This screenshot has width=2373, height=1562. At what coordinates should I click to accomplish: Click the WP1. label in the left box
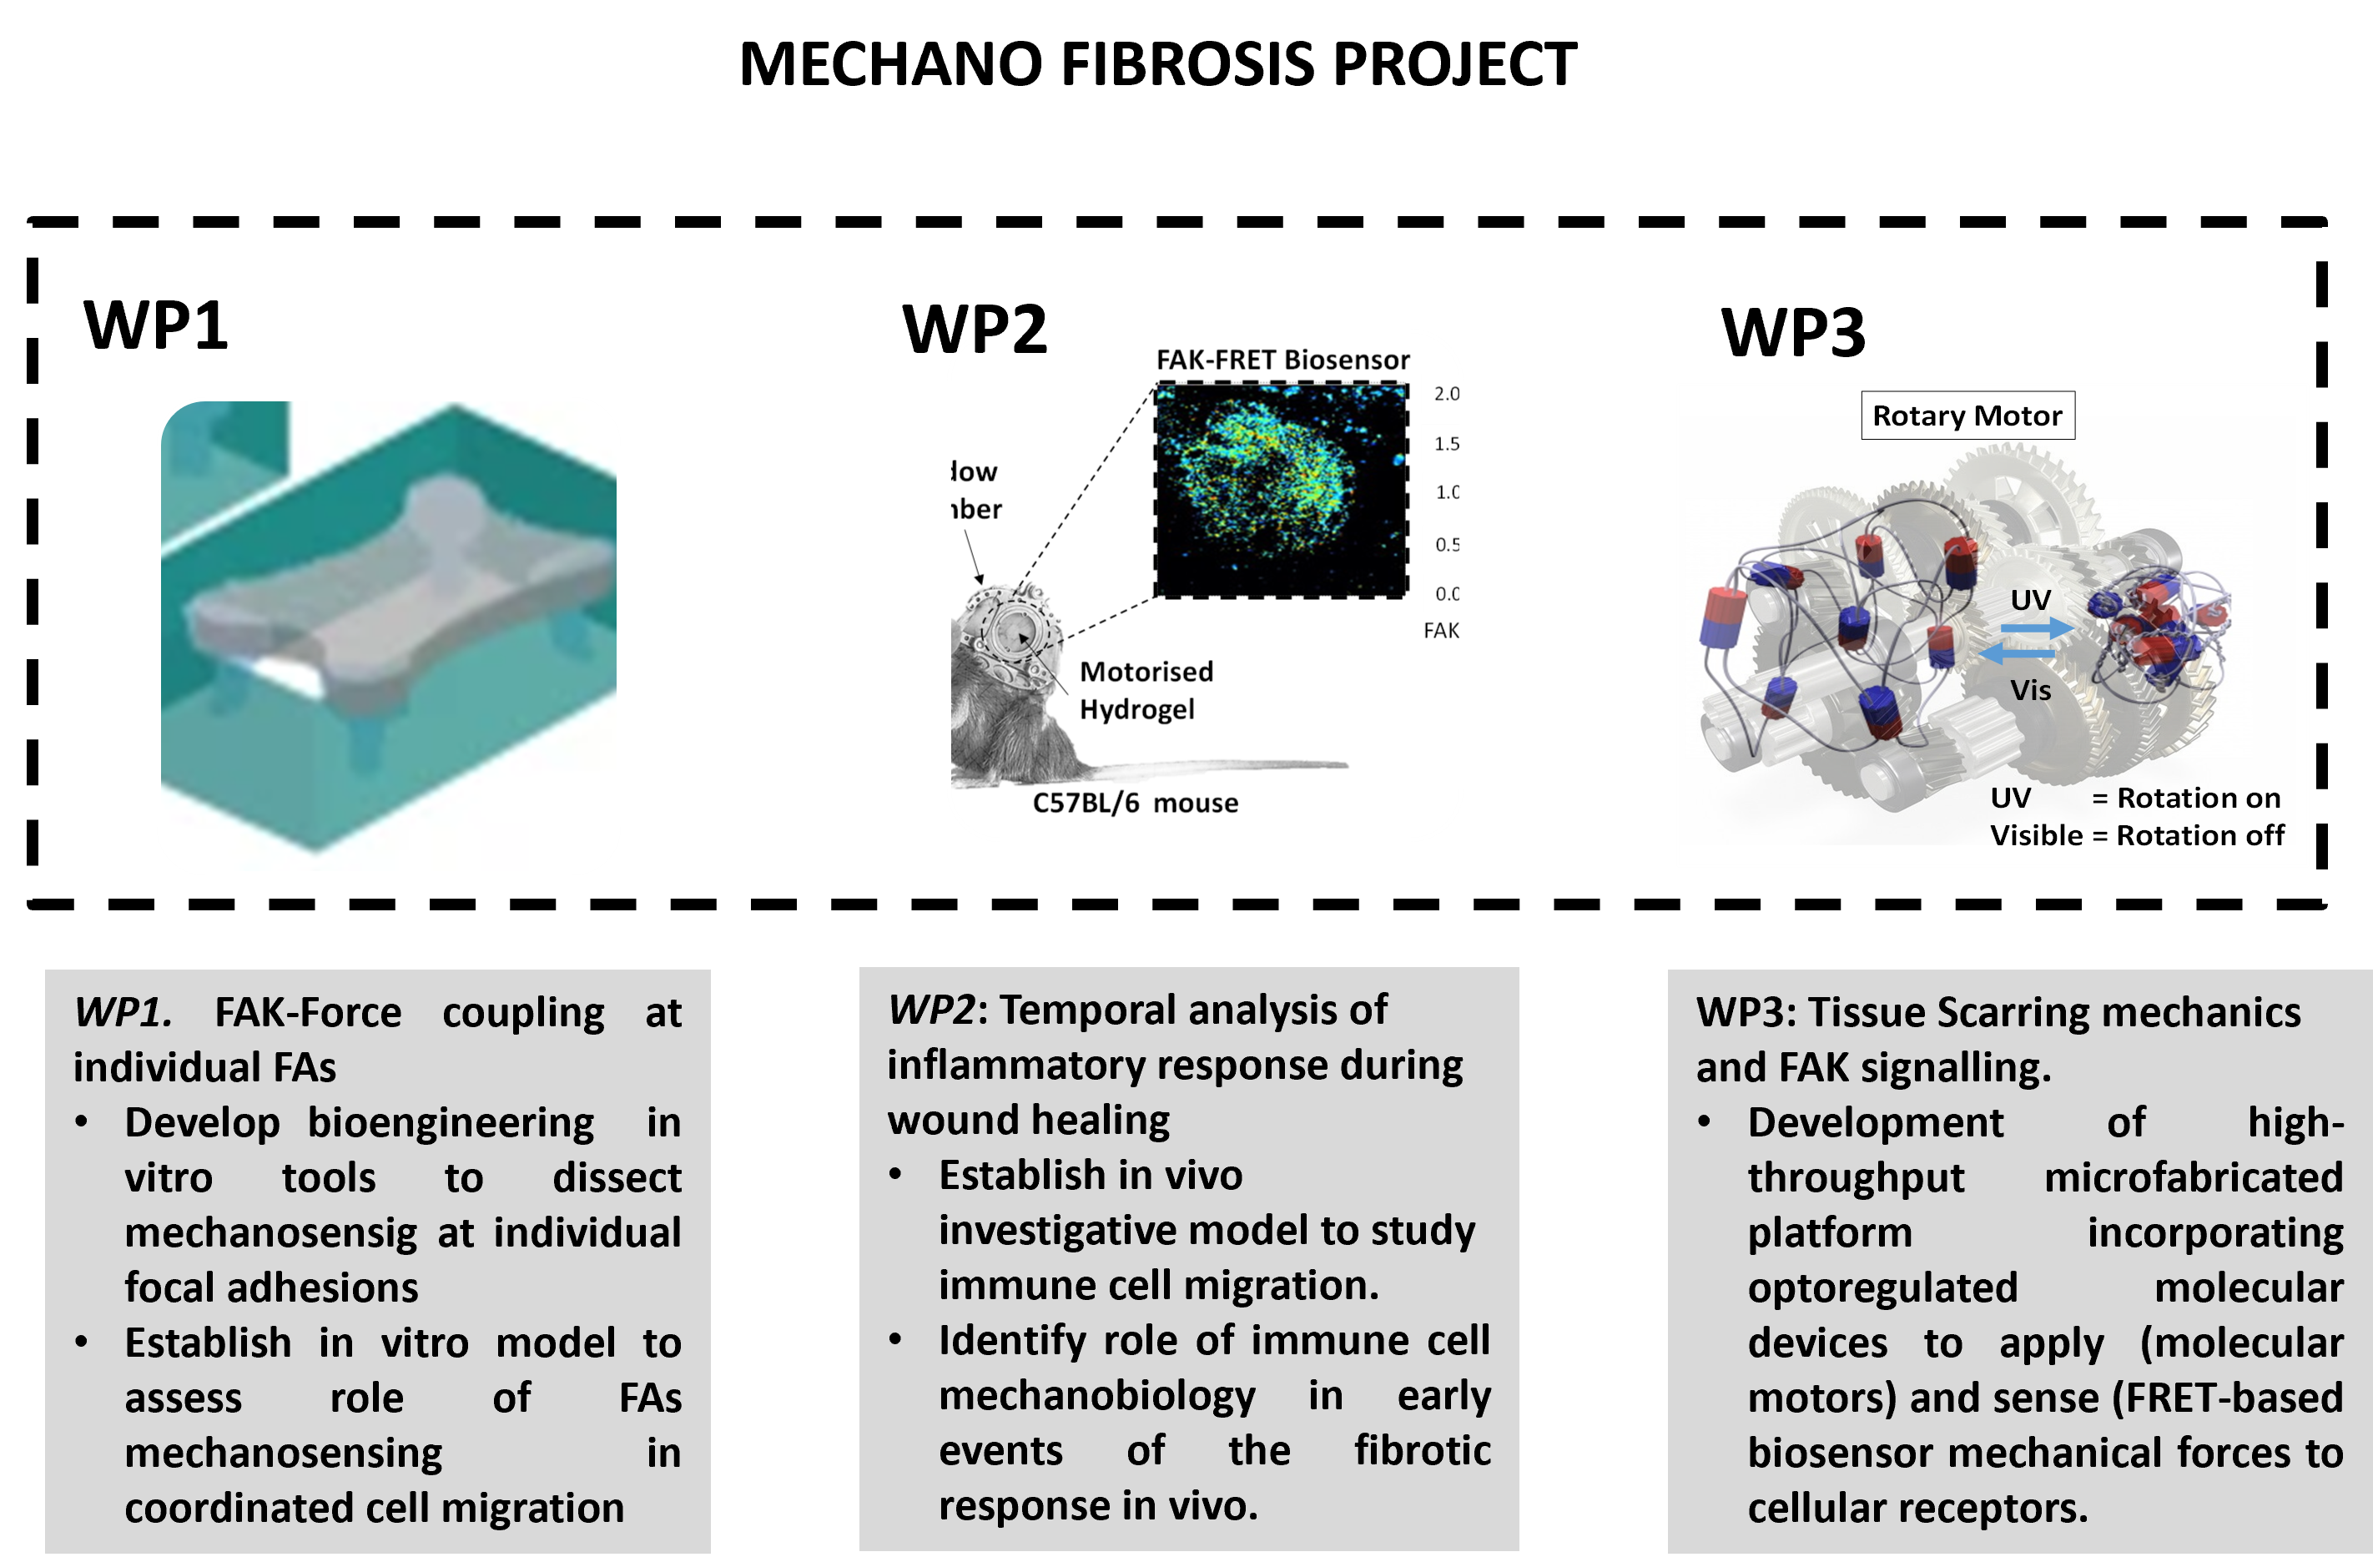pyautogui.click(x=123, y=1013)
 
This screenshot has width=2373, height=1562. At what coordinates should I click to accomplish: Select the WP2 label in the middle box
pyautogui.click(x=931, y=1010)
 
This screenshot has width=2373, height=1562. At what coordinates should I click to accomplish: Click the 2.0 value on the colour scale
pyautogui.click(x=1444, y=394)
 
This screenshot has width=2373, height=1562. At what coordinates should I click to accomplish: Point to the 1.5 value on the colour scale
pyautogui.click(x=1444, y=444)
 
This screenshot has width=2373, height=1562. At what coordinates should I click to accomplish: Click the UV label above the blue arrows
pyautogui.click(x=2030, y=600)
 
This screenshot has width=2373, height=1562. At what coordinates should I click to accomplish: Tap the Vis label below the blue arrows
pyautogui.click(x=2030, y=690)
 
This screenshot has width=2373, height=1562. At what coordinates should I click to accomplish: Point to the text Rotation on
pyautogui.click(x=2198, y=799)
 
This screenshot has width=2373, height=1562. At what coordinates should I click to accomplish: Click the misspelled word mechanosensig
pyautogui.click(x=270, y=1233)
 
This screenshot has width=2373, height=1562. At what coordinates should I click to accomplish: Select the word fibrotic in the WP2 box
pyautogui.click(x=1422, y=1450)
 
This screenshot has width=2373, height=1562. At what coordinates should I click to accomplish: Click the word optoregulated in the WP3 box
pyautogui.click(x=1882, y=1287)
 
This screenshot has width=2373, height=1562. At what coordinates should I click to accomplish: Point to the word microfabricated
pyautogui.click(x=2193, y=1178)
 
